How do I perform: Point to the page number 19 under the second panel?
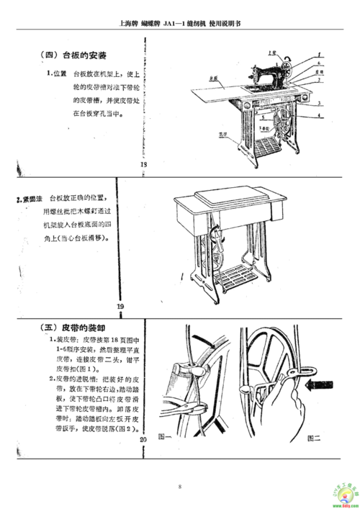[x=121, y=306]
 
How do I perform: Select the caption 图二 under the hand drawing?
[x=313, y=436]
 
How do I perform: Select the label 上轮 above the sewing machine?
[x=271, y=52]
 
